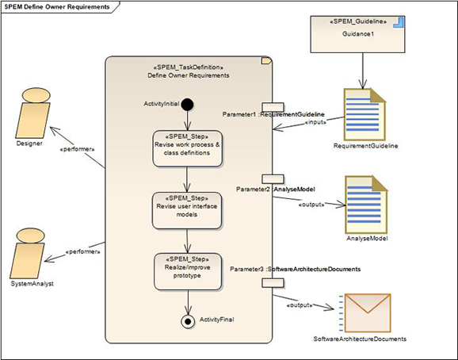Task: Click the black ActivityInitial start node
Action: (187, 105)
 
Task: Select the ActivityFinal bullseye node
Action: (188, 321)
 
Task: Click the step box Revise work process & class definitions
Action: (187, 148)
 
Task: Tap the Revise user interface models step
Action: (187, 210)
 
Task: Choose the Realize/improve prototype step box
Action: (188, 271)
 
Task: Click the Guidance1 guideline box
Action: (357, 34)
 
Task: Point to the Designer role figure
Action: (32, 113)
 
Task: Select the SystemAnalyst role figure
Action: (27, 253)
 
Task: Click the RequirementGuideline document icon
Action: (364, 114)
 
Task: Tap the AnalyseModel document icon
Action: (366, 205)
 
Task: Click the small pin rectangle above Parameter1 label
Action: (273, 107)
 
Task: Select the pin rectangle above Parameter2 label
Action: (273, 179)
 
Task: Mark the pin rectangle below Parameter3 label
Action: (273, 282)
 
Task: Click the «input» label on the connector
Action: (315, 122)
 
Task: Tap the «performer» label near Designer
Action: (77, 149)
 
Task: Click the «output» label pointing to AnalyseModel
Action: (311, 205)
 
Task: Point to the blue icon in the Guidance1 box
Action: (399, 22)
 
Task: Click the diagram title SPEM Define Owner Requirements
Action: (57, 6)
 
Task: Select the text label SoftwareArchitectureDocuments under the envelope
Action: (360, 339)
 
